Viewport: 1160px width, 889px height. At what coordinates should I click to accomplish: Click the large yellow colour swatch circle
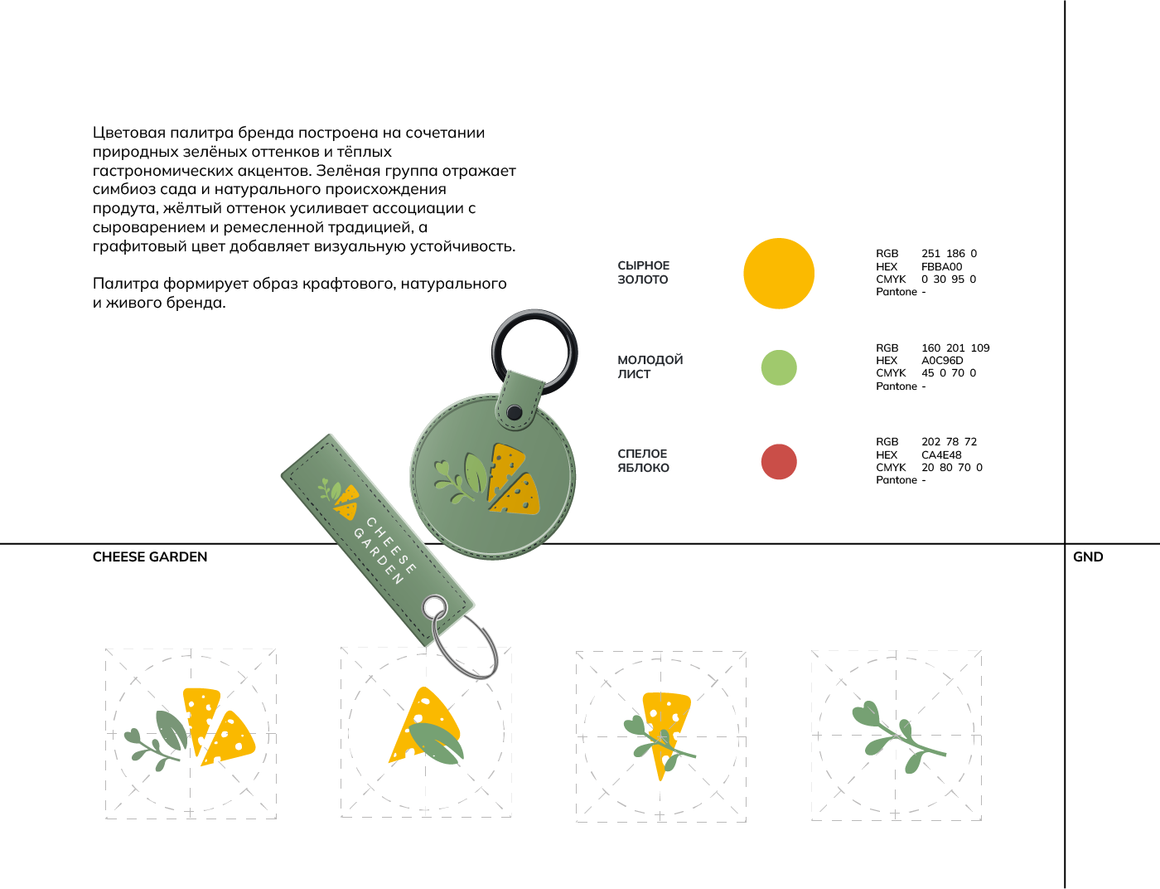[779, 274]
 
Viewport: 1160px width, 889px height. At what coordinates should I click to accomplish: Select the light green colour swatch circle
[779, 367]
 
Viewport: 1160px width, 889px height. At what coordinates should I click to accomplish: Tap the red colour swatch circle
[779, 462]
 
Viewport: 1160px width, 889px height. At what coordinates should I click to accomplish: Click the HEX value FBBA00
[942, 267]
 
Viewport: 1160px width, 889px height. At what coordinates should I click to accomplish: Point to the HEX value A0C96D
[942, 361]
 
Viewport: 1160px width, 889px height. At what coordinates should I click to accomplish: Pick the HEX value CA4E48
[941, 455]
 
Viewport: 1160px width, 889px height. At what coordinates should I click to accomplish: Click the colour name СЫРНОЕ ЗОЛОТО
[644, 273]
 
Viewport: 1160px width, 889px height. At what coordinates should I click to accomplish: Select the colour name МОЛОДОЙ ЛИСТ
[650, 367]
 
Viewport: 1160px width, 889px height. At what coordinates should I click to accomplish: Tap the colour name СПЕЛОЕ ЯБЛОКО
[643, 461]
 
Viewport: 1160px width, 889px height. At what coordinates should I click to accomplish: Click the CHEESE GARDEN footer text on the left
[150, 557]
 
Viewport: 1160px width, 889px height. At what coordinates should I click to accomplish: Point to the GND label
[1088, 557]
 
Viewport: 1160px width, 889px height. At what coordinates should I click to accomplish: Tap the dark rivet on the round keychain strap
[514, 412]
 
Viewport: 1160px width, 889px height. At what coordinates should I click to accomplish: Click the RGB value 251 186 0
[949, 254]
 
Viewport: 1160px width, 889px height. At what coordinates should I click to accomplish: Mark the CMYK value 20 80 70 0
[951, 468]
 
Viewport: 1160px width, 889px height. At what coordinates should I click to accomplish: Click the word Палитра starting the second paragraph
[125, 284]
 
